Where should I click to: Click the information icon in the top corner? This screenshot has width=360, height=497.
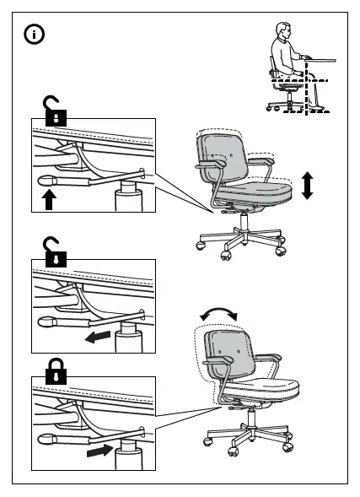[35, 35]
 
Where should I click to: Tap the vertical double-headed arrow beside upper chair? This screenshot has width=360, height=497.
[307, 184]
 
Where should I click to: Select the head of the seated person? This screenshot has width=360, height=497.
[282, 33]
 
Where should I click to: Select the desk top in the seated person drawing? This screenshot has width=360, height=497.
[318, 59]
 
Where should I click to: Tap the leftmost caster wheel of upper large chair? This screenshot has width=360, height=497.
[201, 245]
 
